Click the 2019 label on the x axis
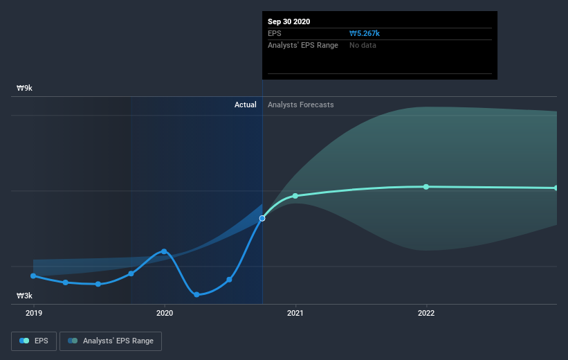(33, 313)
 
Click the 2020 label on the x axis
(165, 313)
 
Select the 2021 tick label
(295, 313)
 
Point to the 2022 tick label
(426, 313)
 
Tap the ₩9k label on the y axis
(25, 89)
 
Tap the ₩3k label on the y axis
(25, 296)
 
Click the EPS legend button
(34, 341)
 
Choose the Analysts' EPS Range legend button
(111, 341)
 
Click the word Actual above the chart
(245, 105)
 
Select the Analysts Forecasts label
(301, 105)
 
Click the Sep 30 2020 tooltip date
(289, 21)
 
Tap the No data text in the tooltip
(363, 45)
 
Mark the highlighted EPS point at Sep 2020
(262, 219)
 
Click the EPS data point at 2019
(33, 276)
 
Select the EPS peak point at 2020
(164, 251)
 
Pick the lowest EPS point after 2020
(196, 294)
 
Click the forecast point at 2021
(295, 196)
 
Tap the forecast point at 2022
(426, 187)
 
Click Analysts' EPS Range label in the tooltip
(303, 45)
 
